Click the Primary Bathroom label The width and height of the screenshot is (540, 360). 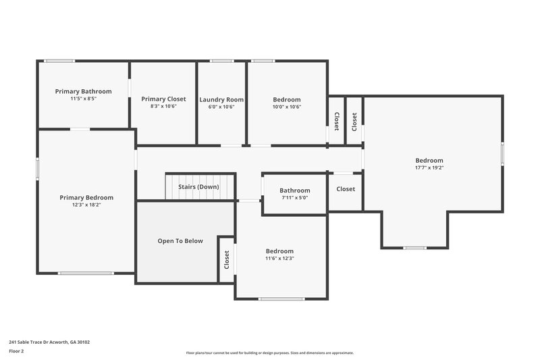[83, 91]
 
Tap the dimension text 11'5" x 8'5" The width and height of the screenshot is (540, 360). [83, 99]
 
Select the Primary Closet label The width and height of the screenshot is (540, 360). [163, 99]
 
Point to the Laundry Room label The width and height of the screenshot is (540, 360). [221, 99]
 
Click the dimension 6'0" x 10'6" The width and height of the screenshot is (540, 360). [221, 107]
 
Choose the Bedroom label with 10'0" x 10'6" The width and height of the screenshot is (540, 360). [287, 99]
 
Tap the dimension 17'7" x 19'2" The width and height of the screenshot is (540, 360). [429, 168]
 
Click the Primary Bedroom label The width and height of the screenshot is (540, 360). [86, 197]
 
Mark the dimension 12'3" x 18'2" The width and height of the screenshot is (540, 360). [86, 205]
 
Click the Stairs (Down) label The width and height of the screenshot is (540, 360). [198, 186]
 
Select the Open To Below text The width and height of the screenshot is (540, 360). [180, 240]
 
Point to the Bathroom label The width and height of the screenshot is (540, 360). [295, 190]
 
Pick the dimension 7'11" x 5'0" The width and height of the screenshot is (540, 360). [295, 198]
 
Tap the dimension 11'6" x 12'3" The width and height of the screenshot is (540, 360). [279, 258]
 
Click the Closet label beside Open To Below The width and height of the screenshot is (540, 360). [227, 259]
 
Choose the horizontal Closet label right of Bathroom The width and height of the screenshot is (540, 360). [346, 189]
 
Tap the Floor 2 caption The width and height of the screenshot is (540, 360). [17, 351]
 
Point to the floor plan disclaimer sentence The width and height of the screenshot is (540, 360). [270, 353]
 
